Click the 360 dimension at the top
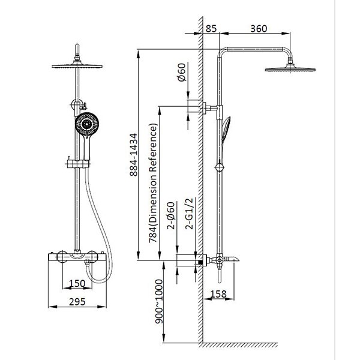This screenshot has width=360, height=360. (259, 29)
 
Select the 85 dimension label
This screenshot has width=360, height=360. (211, 29)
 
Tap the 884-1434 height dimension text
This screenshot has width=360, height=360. (133, 155)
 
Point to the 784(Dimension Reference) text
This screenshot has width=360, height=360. (154, 183)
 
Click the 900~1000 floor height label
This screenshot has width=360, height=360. (159, 301)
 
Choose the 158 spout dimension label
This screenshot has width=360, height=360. (218, 294)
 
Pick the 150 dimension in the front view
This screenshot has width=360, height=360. (77, 284)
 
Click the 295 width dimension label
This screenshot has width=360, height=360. (77, 302)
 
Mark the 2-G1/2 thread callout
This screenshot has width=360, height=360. (190, 214)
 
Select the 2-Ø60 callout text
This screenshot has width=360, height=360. (171, 215)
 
